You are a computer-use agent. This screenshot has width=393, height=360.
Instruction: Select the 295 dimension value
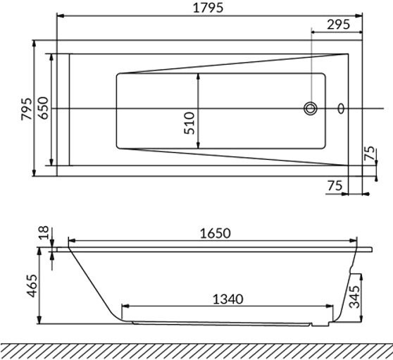(x=337, y=25)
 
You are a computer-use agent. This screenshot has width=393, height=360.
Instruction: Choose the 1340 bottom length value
(x=227, y=299)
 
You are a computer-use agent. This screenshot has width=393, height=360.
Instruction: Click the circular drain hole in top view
(x=311, y=108)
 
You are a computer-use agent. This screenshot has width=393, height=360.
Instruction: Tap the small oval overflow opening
(x=342, y=108)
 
